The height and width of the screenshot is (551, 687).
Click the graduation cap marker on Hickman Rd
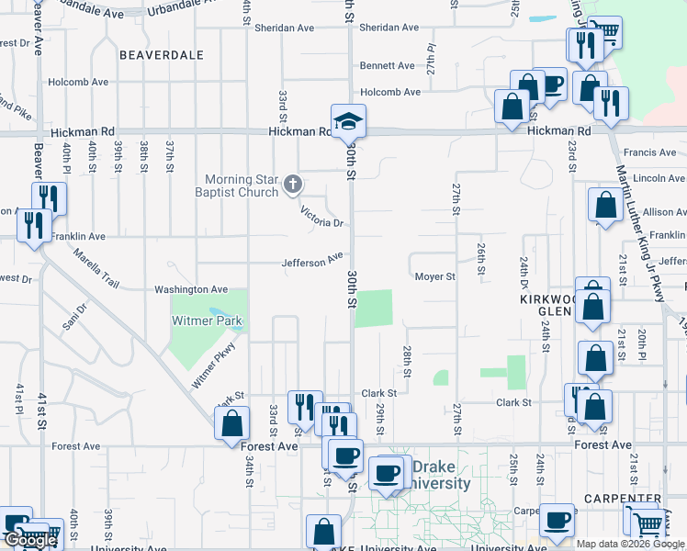pyautogui.click(x=349, y=120)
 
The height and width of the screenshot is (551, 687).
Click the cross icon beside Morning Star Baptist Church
pyautogui.click(x=293, y=185)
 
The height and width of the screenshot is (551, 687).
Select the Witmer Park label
pyautogui.click(x=208, y=321)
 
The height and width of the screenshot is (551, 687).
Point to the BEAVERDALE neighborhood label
pyautogui.click(x=161, y=55)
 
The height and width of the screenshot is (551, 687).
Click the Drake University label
pyautogui.click(x=439, y=476)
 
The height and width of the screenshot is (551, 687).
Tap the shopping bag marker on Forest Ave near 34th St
pyautogui.click(x=231, y=423)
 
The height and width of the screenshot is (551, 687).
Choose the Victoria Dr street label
pyautogui.click(x=321, y=217)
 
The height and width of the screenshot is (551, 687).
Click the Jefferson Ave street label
pyautogui.click(x=312, y=263)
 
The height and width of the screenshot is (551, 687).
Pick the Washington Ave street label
pyautogui.click(x=190, y=289)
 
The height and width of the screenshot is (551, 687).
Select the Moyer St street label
pyautogui.click(x=434, y=276)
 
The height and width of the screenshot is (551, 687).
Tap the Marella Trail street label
pyautogui.click(x=97, y=268)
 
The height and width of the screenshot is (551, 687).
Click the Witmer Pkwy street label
pyautogui.click(x=213, y=365)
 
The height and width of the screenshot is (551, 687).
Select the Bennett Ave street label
pyautogui.click(x=388, y=65)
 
